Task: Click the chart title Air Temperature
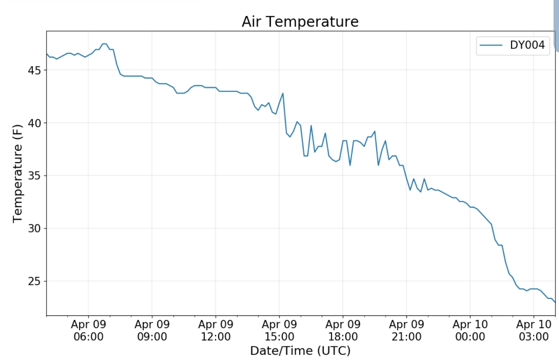coord(300,22)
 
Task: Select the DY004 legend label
coord(527,45)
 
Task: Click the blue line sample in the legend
coord(491,45)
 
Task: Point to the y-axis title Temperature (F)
coord(17,173)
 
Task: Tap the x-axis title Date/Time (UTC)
coord(300,351)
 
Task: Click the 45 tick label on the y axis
coord(34,71)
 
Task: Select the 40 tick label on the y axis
coord(34,123)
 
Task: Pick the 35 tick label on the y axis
coord(34,176)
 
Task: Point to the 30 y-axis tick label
coord(34,228)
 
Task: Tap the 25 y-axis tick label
coord(34,282)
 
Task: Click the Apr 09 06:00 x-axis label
coord(89,331)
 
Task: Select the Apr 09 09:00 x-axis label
coord(152,331)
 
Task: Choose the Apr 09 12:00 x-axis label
coord(216,331)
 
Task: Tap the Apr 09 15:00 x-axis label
coord(279,331)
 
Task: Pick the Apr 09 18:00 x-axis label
coord(343,331)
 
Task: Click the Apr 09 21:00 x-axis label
coord(406,331)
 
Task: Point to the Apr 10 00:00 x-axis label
coord(470,331)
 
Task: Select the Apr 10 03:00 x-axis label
coord(534,331)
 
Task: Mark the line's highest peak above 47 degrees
coord(104,44)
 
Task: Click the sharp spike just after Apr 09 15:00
coord(283,93)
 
